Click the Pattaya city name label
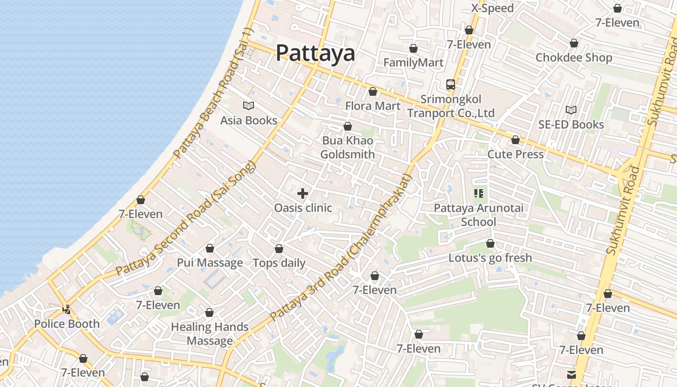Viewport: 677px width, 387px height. pyautogui.click(x=315, y=53)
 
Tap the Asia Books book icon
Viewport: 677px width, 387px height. pyautogui.click(x=249, y=105)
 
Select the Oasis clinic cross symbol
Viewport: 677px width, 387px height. pyautogui.click(x=303, y=193)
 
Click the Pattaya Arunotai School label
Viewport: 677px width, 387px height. pyautogui.click(x=478, y=215)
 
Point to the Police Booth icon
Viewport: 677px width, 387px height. pyautogui.click(x=67, y=309)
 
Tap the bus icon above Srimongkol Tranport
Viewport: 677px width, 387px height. pyautogui.click(x=451, y=85)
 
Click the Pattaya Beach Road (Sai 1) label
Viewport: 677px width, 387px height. pyautogui.click(x=213, y=93)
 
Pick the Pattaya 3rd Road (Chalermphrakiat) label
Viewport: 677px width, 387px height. pyautogui.click(x=340, y=248)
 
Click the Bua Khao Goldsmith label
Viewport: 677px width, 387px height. pyautogui.click(x=347, y=148)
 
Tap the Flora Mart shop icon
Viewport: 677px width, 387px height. pyautogui.click(x=373, y=91)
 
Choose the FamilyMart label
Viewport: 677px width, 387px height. pyautogui.click(x=413, y=62)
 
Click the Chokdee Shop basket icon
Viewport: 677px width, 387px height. pyautogui.click(x=574, y=43)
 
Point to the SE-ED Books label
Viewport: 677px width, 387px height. pyautogui.click(x=571, y=124)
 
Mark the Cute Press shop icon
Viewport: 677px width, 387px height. pyautogui.click(x=515, y=140)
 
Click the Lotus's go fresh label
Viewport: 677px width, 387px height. pyautogui.click(x=490, y=258)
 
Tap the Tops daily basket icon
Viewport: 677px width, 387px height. pyautogui.click(x=279, y=249)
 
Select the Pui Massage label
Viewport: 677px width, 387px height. pyautogui.click(x=210, y=263)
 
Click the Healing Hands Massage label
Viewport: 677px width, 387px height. pyautogui.click(x=210, y=334)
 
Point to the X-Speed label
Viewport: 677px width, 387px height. pyautogui.click(x=492, y=8)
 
